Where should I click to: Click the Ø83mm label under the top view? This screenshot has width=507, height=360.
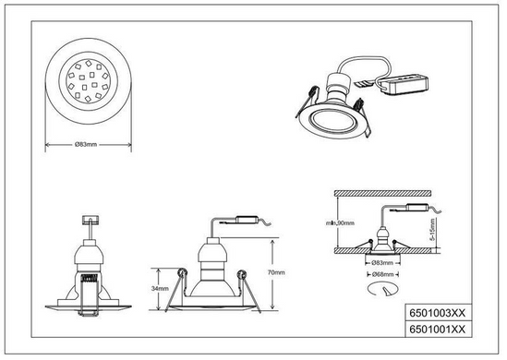(x=86, y=144)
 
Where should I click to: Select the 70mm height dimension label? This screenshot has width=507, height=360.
(x=276, y=272)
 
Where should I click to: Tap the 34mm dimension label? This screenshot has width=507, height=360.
(x=160, y=289)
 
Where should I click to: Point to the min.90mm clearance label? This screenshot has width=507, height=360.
(x=340, y=223)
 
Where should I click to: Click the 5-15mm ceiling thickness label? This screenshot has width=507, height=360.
(x=432, y=230)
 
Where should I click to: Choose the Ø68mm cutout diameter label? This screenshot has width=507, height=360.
(x=383, y=274)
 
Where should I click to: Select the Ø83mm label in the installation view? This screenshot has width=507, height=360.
(x=383, y=263)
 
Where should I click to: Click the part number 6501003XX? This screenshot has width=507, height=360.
(x=437, y=313)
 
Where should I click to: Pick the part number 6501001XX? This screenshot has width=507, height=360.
(x=437, y=330)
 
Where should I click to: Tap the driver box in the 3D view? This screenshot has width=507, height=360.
(x=404, y=84)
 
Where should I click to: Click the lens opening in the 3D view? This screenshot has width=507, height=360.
(x=332, y=121)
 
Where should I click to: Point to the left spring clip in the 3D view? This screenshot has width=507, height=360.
(x=307, y=101)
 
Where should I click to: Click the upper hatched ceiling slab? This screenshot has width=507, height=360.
(x=383, y=193)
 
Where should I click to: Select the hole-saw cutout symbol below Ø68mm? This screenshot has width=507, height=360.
(x=382, y=289)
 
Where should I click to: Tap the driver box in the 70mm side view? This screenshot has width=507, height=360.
(x=247, y=220)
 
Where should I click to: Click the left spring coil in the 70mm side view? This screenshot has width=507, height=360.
(x=182, y=273)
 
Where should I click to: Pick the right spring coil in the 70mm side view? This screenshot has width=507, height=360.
(x=241, y=275)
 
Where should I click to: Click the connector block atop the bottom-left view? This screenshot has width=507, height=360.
(x=91, y=220)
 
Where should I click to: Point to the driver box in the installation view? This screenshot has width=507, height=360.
(x=417, y=207)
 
